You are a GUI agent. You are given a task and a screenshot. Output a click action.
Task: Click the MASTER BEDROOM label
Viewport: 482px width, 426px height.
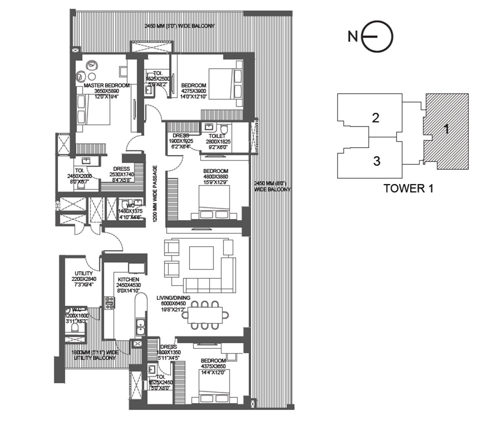107,85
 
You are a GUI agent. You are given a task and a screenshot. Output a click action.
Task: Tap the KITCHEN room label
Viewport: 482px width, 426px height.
128,279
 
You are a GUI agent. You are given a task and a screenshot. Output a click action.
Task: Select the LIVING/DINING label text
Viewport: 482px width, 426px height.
173,298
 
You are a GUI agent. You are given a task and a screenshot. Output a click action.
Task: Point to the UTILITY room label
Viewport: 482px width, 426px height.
83,274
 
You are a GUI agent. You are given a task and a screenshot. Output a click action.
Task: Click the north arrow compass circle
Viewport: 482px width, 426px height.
377,37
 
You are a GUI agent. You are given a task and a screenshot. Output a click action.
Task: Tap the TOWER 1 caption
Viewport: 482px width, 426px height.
408,188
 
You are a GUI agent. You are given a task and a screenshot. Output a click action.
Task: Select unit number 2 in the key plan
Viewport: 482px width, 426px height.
376,118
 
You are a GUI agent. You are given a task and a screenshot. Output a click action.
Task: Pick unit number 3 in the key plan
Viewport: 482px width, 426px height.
376,161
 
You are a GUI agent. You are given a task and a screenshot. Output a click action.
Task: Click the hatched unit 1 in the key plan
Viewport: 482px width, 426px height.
446,129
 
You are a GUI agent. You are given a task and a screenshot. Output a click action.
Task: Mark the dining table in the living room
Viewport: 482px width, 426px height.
205,315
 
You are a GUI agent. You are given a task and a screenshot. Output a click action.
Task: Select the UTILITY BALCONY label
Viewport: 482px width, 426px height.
95,358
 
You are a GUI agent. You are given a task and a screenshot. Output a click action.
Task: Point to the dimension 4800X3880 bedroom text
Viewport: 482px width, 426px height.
215,177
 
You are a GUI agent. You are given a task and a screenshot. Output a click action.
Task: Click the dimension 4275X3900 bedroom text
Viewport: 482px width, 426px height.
194,91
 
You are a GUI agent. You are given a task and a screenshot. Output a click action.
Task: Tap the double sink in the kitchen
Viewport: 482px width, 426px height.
141,327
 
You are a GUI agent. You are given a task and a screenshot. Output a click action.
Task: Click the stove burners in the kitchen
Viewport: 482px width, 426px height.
109,303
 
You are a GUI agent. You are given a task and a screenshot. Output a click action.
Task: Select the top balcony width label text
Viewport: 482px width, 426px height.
179,26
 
